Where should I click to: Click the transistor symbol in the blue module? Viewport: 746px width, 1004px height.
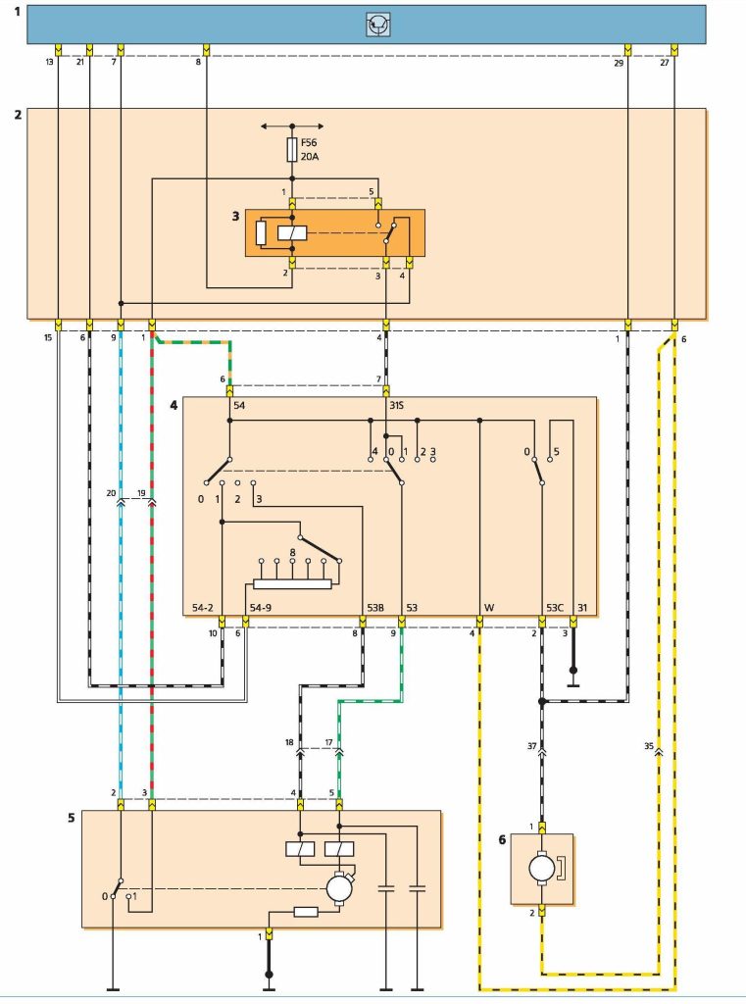(x=378, y=25)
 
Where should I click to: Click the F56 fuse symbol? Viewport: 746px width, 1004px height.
(x=292, y=150)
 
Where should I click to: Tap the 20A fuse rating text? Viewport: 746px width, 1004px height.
(x=309, y=156)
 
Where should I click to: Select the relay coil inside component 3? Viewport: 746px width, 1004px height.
(x=292, y=233)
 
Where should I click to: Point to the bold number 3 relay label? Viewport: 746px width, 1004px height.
(x=235, y=217)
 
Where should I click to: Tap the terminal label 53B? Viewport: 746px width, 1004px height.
(x=375, y=608)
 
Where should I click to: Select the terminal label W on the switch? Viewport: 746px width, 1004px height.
(x=489, y=608)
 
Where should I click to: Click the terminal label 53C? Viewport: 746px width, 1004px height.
(x=555, y=608)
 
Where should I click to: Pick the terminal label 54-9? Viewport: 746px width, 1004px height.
(x=260, y=608)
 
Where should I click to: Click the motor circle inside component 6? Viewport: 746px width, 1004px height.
(x=542, y=869)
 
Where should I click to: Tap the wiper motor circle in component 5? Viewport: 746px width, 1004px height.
(x=339, y=888)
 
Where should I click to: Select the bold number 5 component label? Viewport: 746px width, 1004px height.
(x=72, y=818)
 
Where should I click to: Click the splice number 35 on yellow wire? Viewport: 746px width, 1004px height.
(x=648, y=746)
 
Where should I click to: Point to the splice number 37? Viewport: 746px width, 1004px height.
(x=531, y=746)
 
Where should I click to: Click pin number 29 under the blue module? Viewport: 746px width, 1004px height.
(x=619, y=63)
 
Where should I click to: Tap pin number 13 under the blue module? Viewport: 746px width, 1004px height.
(x=49, y=63)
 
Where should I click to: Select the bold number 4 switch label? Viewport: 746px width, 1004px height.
(x=174, y=405)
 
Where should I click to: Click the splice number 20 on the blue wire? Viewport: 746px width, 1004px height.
(x=111, y=493)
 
